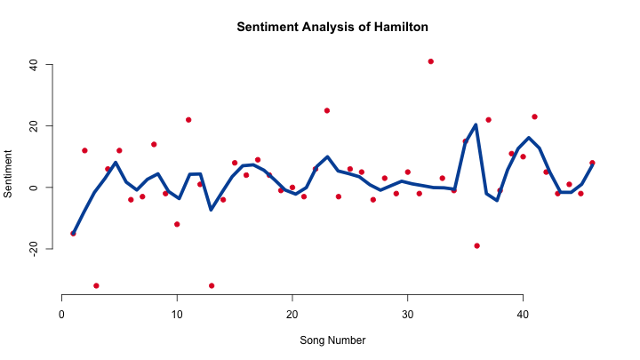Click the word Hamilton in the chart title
401,27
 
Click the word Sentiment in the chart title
268,27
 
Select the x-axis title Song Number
332,340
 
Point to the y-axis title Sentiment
8,174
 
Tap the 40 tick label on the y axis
34,65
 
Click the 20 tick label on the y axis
34,126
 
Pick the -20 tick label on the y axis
34,249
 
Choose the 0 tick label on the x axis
61,315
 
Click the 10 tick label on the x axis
177,315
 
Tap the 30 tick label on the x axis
407,315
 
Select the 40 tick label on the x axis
523,315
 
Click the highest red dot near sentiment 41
430,61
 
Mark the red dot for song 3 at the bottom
96,285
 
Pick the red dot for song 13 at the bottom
212,285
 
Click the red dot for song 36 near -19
476,245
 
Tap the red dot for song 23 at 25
327,110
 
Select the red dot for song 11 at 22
188,120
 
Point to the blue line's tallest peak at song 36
476,125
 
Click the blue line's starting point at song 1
74,233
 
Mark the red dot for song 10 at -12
177,224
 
